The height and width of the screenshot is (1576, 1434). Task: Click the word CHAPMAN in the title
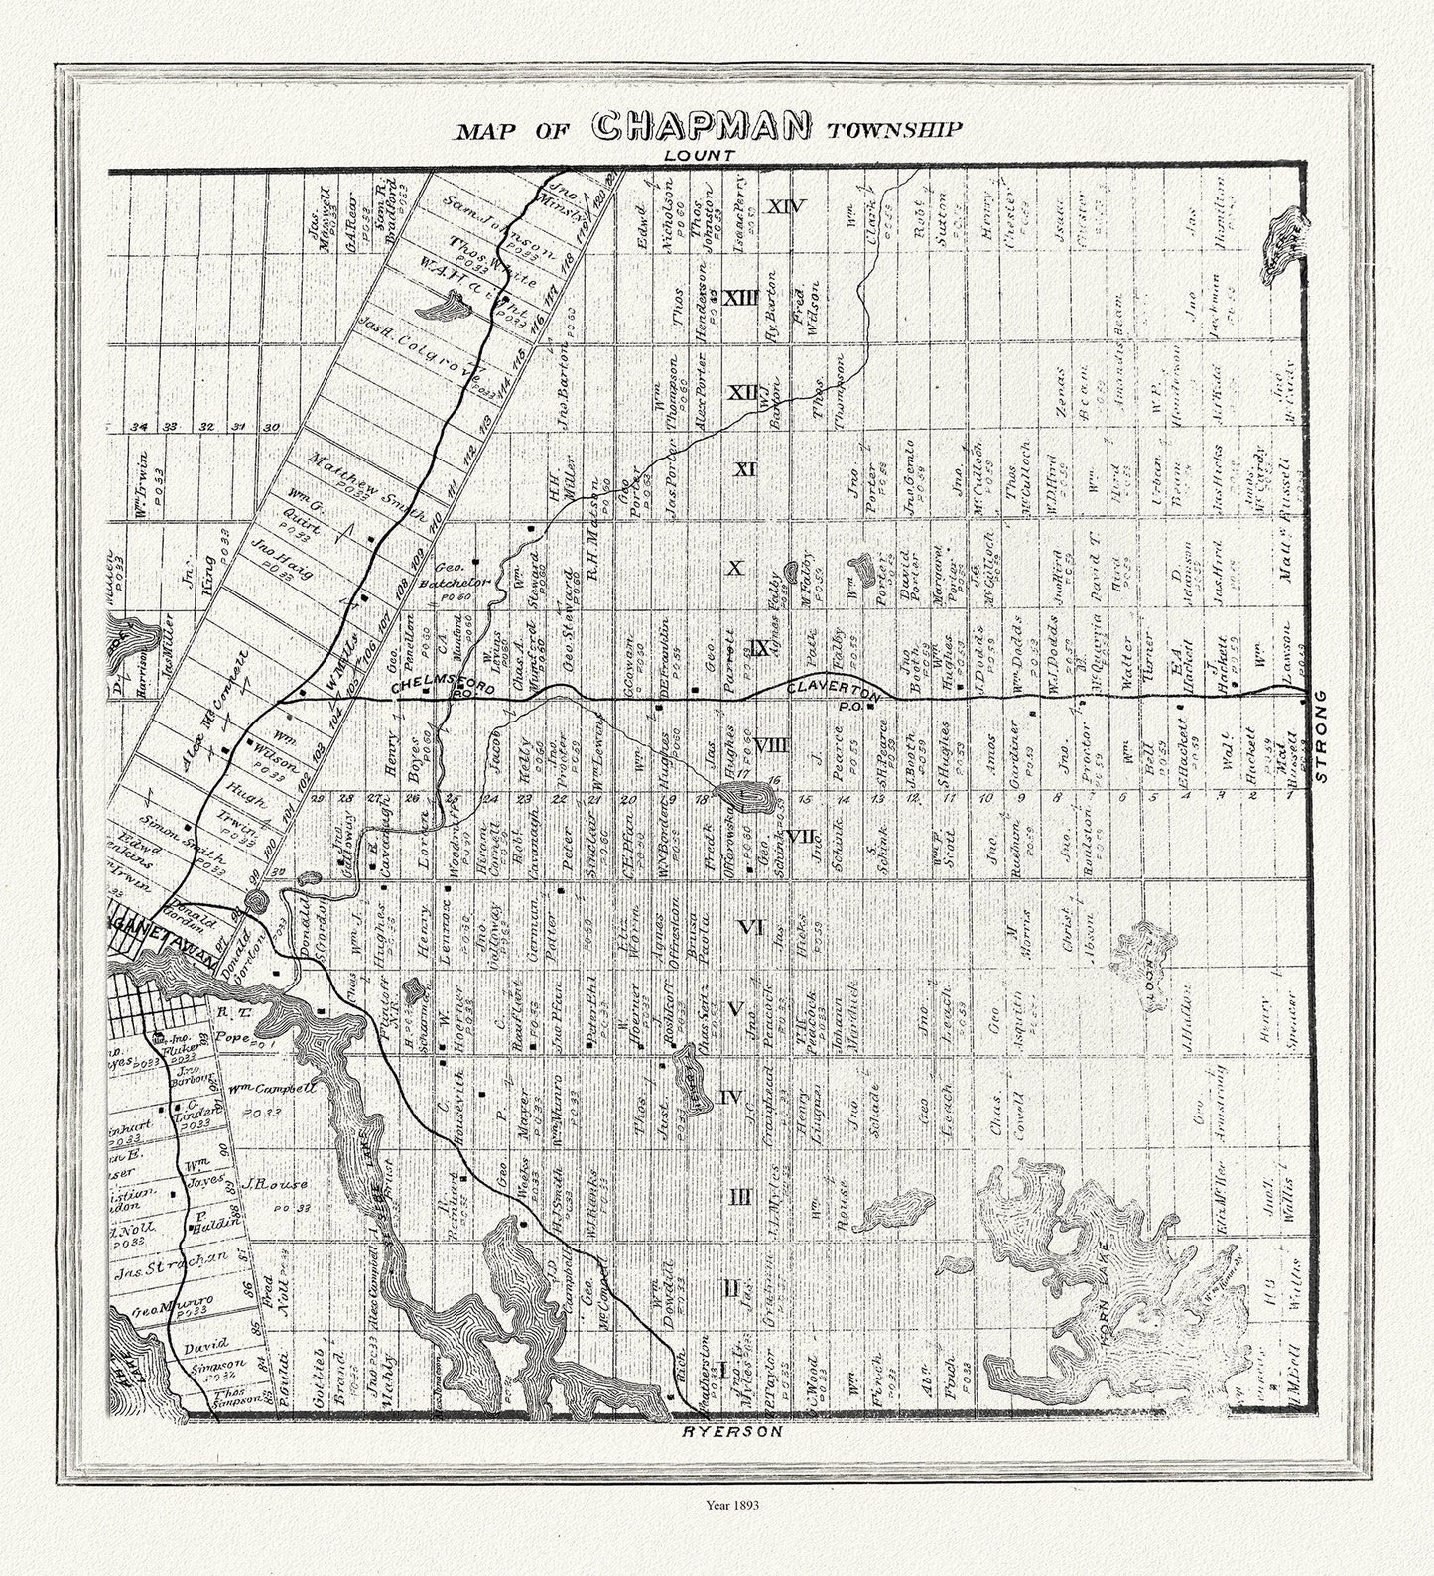(709, 127)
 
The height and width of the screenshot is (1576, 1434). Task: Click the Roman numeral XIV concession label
(785, 206)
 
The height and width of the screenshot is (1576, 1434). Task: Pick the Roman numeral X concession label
(735, 569)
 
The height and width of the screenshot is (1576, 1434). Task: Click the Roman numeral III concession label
(737, 1196)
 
